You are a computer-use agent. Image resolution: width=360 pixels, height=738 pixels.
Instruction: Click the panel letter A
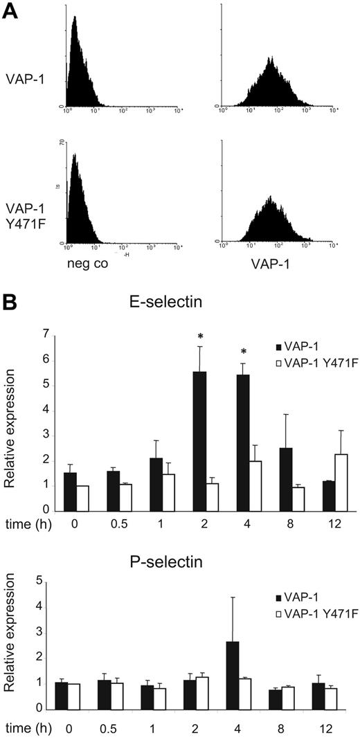(12, 12)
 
